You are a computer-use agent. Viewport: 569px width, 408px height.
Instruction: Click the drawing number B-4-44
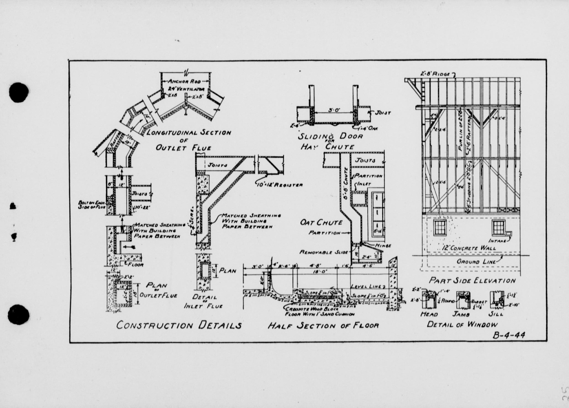pyautogui.click(x=509, y=335)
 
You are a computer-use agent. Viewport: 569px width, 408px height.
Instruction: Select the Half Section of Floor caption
pyautogui.click(x=323, y=326)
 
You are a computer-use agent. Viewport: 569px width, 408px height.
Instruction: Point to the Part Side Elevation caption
pyautogui.click(x=472, y=281)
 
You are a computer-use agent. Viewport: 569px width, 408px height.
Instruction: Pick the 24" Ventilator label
pyautogui.click(x=186, y=89)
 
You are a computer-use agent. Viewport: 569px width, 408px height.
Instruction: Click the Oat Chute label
pyautogui.click(x=321, y=223)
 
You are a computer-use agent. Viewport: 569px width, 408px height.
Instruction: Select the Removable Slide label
pyautogui.click(x=324, y=252)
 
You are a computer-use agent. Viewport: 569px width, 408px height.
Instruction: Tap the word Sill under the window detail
pyautogui.click(x=496, y=314)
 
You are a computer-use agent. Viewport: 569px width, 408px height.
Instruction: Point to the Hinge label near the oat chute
pyautogui.click(x=383, y=246)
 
